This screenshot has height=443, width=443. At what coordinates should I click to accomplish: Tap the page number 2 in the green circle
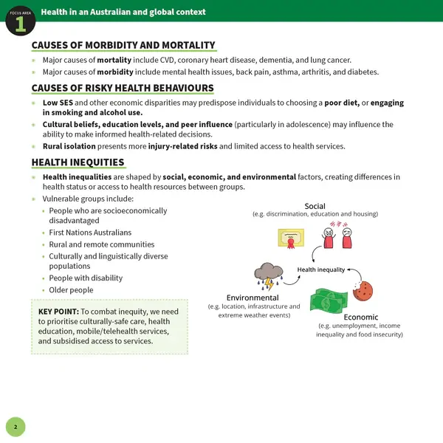tap(16, 426)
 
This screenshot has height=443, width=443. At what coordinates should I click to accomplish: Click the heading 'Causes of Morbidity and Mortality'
tap(123, 46)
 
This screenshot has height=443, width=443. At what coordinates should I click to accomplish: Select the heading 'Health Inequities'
tap(78, 162)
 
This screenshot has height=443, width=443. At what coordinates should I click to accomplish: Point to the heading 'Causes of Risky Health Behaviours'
tap(123, 89)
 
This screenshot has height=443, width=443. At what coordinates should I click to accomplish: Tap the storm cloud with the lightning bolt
tap(266, 275)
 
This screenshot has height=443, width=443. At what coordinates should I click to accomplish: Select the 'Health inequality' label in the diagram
tap(321, 269)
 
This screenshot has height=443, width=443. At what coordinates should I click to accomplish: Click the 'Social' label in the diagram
tap(315, 206)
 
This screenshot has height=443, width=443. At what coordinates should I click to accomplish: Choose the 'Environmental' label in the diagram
tap(253, 298)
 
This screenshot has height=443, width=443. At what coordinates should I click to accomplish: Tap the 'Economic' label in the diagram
tap(360, 317)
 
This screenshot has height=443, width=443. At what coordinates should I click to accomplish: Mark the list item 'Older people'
tap(72, 290)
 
